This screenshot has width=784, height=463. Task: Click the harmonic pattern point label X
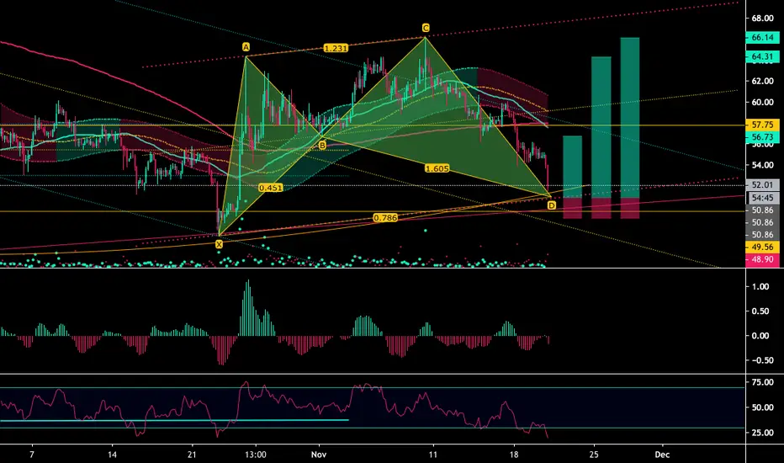point(219,244)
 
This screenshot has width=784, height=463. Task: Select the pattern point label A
point(246,47)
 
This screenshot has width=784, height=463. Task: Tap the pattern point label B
point(322,145)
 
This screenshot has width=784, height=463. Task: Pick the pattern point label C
point(426,28)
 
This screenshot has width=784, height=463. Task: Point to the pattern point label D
point(552,205)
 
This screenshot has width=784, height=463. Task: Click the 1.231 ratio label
point(336,48)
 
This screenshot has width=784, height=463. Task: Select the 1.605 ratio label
point(437,168)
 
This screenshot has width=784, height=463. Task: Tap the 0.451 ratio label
point(271,188)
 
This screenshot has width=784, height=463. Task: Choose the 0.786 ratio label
point(385,218)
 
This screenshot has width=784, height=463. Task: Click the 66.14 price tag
point(762,38)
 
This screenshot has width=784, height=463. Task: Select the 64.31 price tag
point(762,56)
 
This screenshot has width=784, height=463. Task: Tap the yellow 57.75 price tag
point(762,125)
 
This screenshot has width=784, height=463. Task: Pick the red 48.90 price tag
point(762,259)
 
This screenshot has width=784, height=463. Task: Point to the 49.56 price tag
point(762,247)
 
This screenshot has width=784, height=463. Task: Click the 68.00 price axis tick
point(762,19)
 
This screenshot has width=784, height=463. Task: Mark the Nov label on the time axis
point(319,455)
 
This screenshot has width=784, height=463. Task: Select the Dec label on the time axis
point(663,455)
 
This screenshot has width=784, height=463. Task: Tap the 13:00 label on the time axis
point(256,455)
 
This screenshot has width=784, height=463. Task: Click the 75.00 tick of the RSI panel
point(762,382)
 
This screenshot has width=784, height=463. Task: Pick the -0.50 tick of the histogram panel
point(760,360)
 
